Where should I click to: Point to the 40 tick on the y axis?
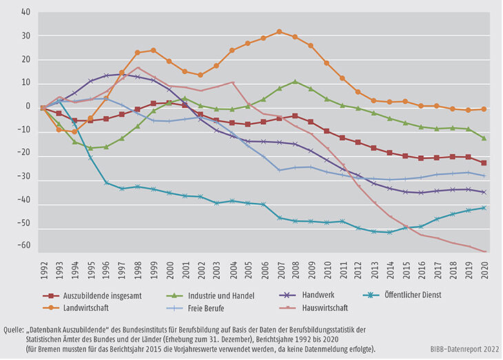point(26,12)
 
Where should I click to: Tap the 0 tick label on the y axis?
point(28,107)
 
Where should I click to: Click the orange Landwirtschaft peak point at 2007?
point(279,32)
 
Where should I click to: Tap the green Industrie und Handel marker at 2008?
point(295,81)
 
